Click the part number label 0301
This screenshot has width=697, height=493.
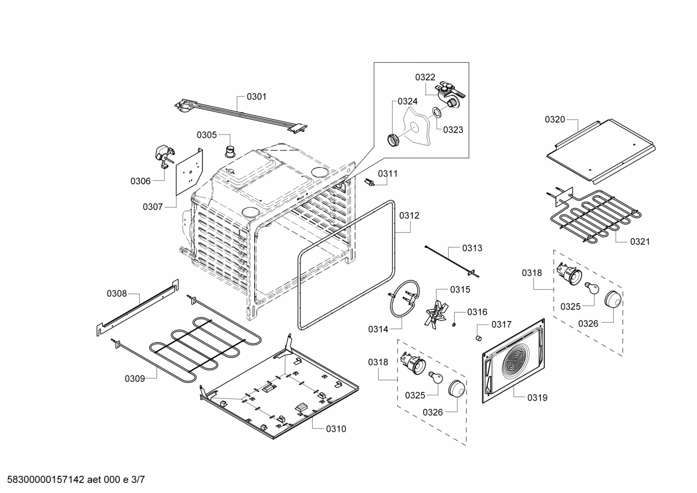click(x=256, y=97)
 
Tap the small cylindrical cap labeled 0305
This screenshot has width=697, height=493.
click(x=230, y=151)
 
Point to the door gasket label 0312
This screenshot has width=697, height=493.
click(x=409, y=216)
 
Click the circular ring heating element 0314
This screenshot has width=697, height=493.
click(x=404, y=299)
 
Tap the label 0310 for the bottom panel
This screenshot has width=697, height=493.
click(x=335, y=429)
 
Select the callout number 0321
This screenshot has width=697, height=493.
click(x=639, y=241)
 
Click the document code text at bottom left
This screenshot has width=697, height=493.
click(x=73, y=480)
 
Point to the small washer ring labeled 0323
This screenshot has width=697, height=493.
click(x=436, y=113)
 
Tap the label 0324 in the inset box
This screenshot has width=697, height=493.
click(x=407, y=102)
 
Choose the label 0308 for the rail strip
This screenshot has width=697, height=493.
click(x=116, y=293)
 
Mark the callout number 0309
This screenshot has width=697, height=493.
click(x=134, y=378)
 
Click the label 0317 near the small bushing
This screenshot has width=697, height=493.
click(x=501, y=325)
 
